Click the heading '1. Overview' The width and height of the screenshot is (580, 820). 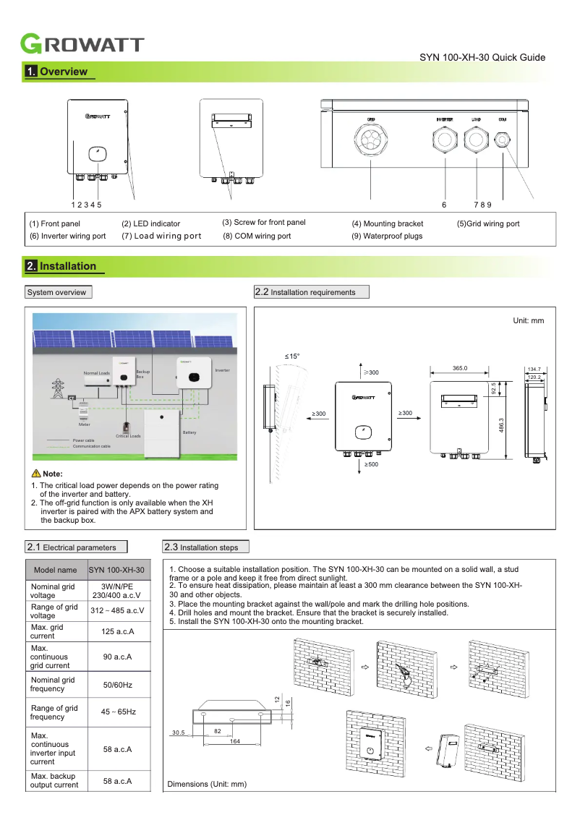click(57, 72)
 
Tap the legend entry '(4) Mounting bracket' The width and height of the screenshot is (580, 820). click(387, 224)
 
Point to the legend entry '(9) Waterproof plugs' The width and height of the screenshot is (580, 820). click(387, 236)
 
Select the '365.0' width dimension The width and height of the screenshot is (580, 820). click(460, 369)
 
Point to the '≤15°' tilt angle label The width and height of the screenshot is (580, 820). click(291, 356)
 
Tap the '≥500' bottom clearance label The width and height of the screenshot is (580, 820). click(372, 464)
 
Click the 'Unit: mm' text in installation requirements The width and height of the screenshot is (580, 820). click(528, 320)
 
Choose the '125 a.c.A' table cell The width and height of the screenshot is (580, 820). click(118, 632)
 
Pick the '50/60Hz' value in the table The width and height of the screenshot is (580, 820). click(118, 684)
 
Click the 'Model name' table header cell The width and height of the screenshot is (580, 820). click(55, 570)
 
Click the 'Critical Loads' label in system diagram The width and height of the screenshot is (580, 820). click(128, 437)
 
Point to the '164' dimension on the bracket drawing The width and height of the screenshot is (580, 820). click(234, 741)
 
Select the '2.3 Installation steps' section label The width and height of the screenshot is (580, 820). click(206, 547)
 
